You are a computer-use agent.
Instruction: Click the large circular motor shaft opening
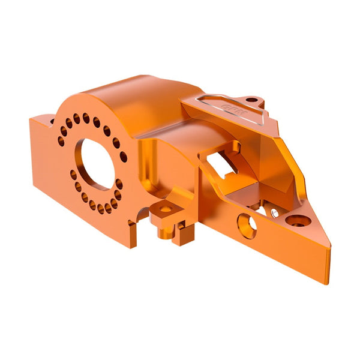point(96,164)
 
